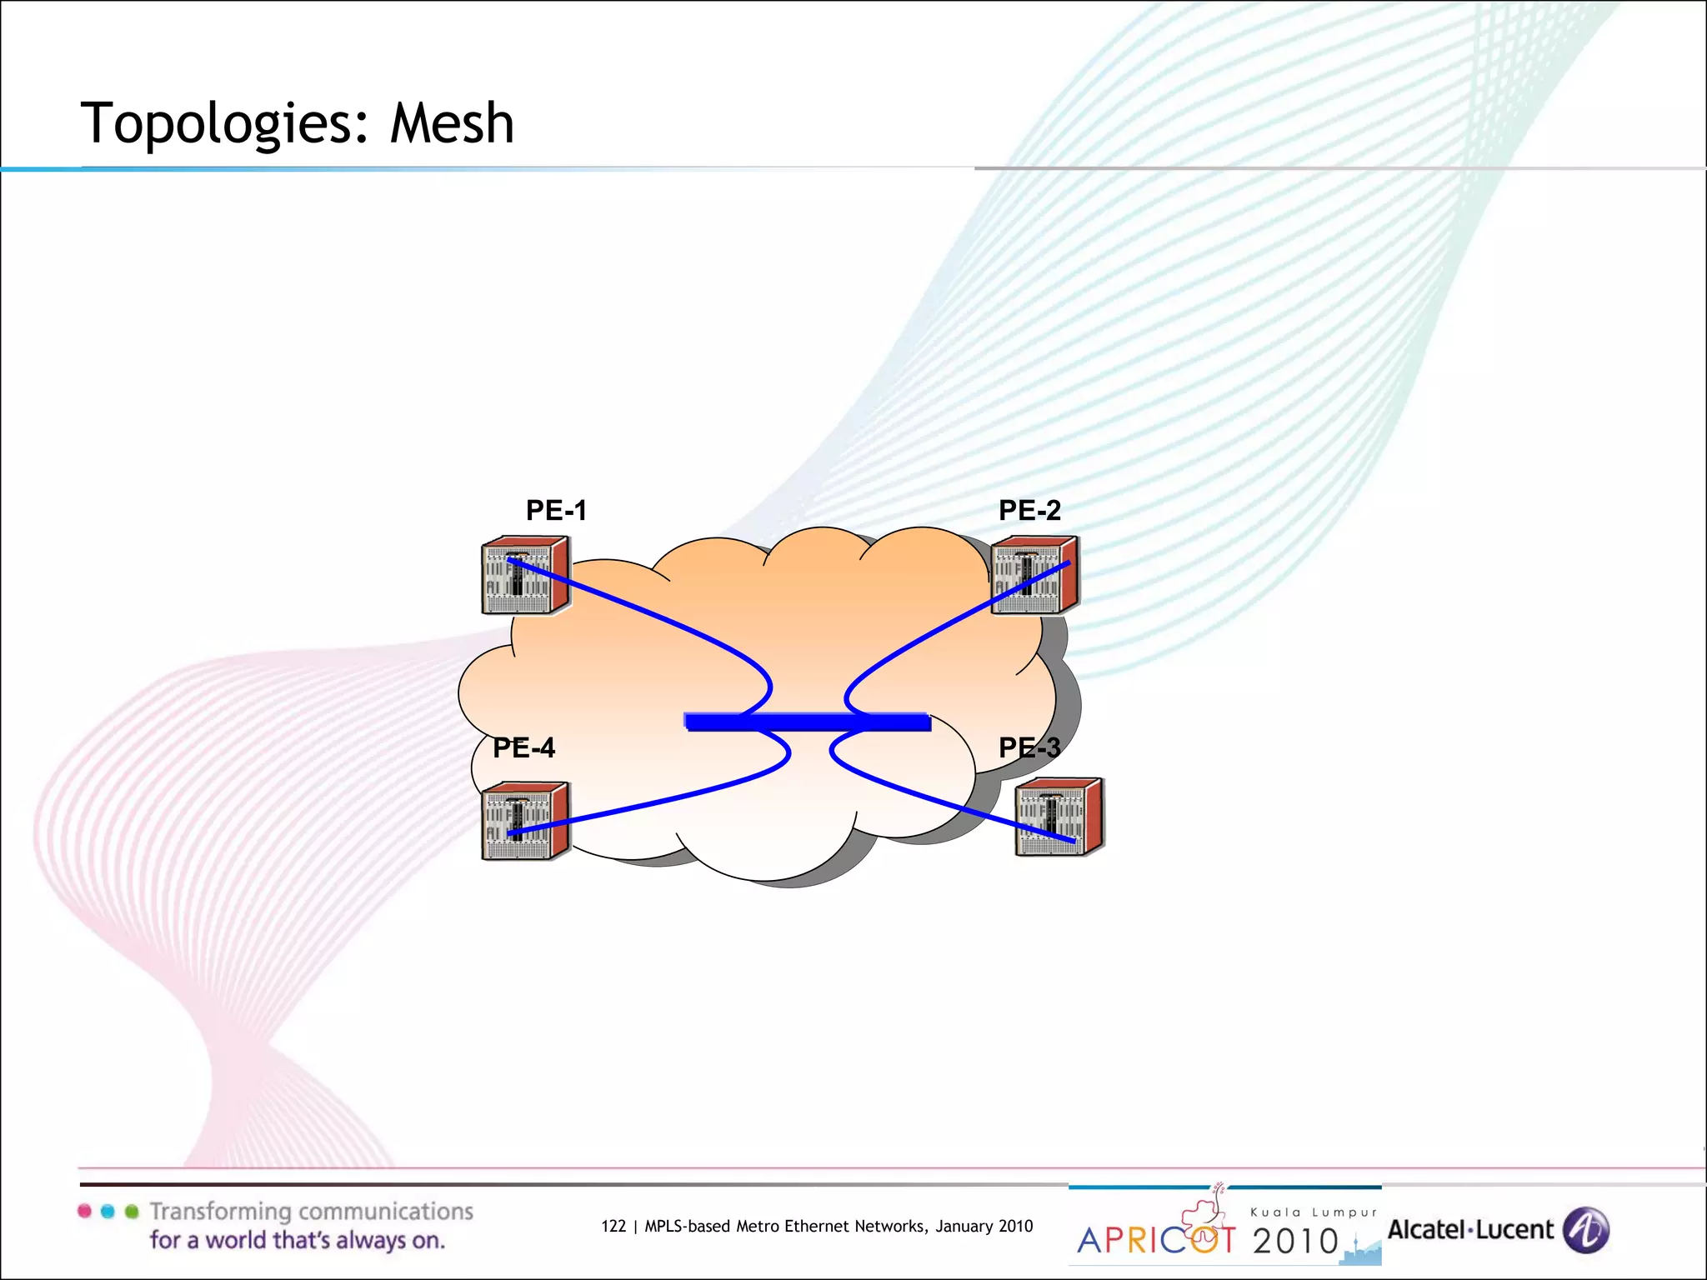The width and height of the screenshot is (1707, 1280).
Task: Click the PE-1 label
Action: point(556,510)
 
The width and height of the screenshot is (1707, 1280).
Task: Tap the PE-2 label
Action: point(1029,510)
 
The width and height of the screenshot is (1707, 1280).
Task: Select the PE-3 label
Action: point(1029,747)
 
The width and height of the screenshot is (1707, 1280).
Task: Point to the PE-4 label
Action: point(523,747)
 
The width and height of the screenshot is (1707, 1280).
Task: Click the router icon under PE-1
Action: point(525,576)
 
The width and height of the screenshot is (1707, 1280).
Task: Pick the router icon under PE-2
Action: point(1034,576)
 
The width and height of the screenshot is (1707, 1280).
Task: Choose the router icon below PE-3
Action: point(1059,817)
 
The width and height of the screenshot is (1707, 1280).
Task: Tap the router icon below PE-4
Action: point(525,821)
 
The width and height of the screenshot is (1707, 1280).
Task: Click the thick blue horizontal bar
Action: point(807,722)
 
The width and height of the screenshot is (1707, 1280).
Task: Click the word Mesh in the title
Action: point(452,123)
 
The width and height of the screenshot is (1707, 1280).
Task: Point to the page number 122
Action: point(613,1226)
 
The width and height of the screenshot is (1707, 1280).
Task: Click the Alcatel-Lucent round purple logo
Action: point(1585,1230)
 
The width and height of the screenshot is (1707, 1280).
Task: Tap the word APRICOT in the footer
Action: point(1156,1240)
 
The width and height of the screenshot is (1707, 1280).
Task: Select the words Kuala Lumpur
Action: point(1314,1212)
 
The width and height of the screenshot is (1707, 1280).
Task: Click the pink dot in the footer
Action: point(84,1211)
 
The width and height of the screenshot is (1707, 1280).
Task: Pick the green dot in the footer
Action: point(132,1211)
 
